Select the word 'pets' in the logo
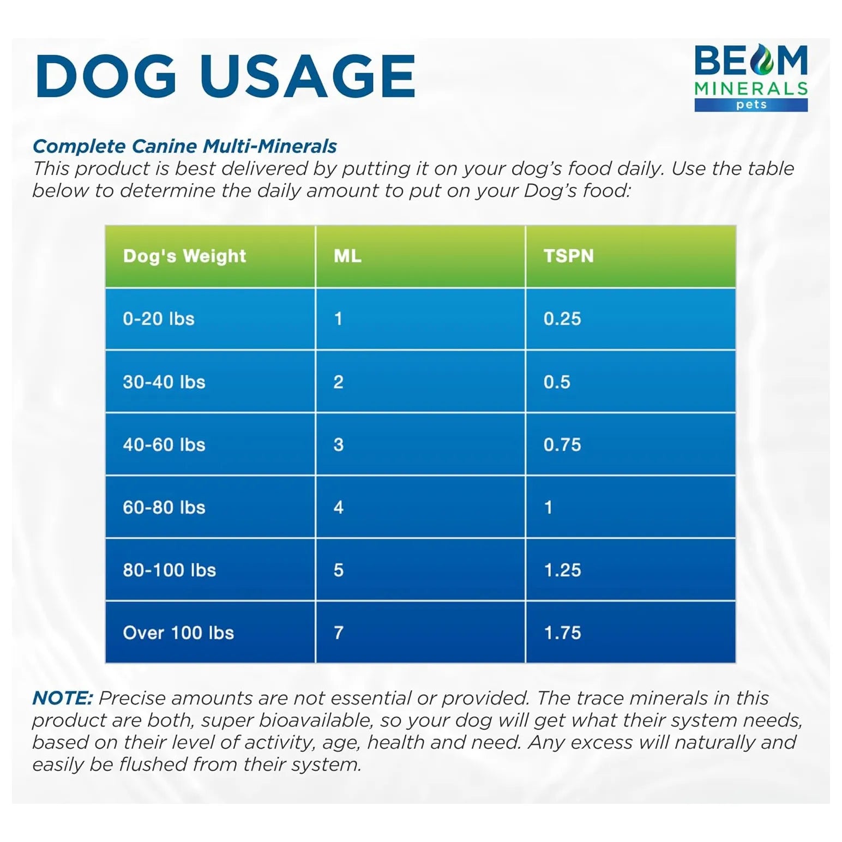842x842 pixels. (x=751, y=104)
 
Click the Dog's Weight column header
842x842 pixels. (x=184, y=256)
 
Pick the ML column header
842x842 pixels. (x=347, y=256)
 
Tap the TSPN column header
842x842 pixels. (x=568, y=256)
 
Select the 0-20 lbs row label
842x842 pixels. (x=159, y=318)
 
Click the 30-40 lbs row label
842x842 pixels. (x=164, y=382)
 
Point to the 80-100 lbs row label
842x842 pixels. (x=170, y=570)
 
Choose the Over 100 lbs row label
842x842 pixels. (x=178, y=633)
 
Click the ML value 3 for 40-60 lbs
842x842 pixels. (x=339, y=444)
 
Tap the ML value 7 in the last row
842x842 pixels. (x=339, y=633)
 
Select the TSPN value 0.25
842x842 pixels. (x=562, y=318)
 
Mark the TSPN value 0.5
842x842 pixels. (x=557, y=382)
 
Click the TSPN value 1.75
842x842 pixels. (x=562, y=633)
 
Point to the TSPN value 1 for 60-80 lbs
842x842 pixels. (x=549, y=507)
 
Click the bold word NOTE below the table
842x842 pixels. (x=63, y=698)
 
